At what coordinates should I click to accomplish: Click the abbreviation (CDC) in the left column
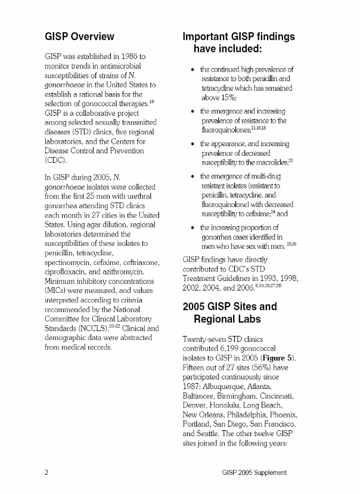55,160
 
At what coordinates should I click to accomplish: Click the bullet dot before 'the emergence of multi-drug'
190,176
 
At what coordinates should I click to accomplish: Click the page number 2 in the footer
46,473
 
